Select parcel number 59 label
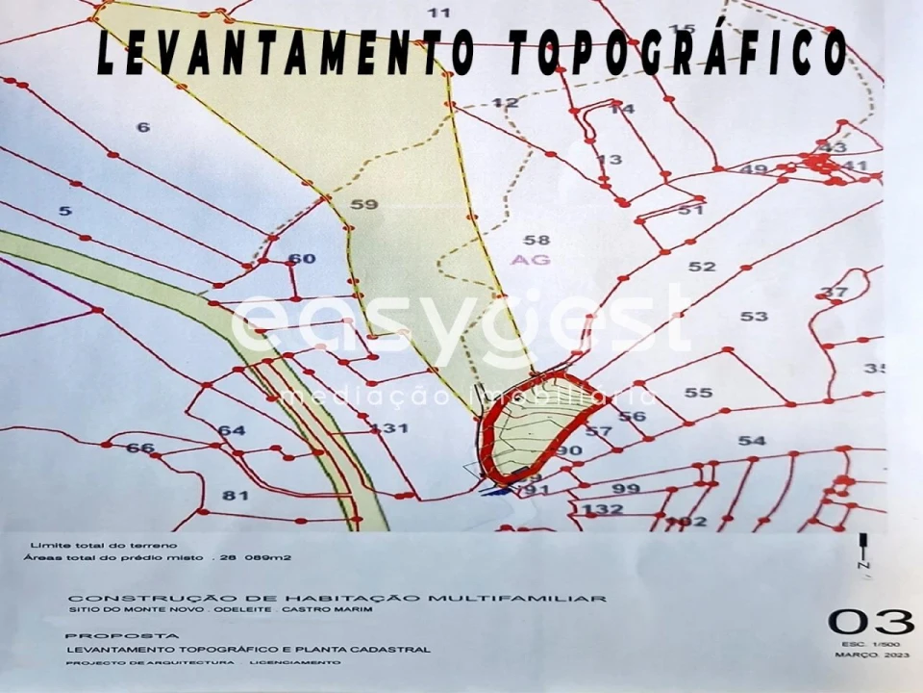[364, 204]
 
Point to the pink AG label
[531, 260]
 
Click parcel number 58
[536, 241]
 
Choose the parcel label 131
[388, 428]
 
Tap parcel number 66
[140, 448]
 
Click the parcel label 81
[236, 496]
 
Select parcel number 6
[143, 127]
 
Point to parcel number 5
[64, 211]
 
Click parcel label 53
[754, 316]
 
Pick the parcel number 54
[752, 441]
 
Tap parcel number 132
[603, 509]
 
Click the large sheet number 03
[871, 622]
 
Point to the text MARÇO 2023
[871, 654]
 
